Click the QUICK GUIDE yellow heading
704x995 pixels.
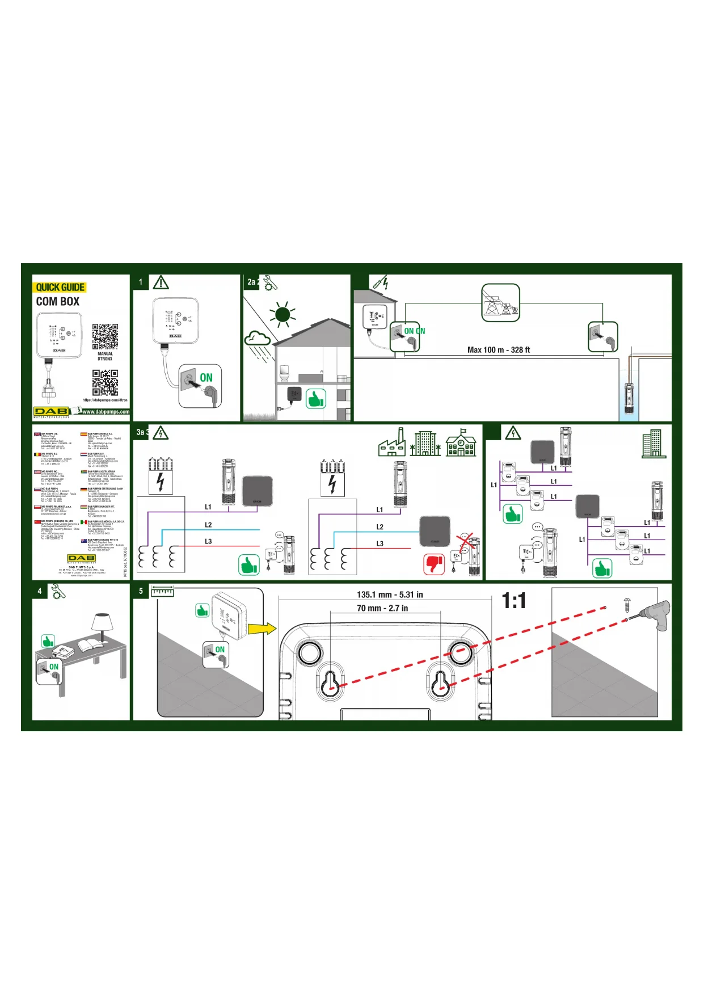(x=60, y=287)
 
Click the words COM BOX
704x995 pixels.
(x=58, y=302)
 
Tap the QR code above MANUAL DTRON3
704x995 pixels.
(x=105, y=337)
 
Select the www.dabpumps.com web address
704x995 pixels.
(x=106, y=412)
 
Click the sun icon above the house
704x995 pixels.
(x=283, y=314)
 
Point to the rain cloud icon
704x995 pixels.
(x=257, y=339)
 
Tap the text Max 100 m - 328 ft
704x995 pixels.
(x=499, y=350)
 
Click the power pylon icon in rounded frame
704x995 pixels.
(x=500, y=303)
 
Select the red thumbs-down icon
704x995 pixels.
(x=434, y=564)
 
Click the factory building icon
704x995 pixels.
(x=392, y=443)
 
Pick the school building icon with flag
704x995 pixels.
(x=461, y=442)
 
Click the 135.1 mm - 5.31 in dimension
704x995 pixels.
(x=390, y=595)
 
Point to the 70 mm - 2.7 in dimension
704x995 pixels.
(x=382, y=608)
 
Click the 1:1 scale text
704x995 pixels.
(x=514, y=601)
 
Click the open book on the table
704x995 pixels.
(x=89, y=646)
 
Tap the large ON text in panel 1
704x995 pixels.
(x=206, y=378)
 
